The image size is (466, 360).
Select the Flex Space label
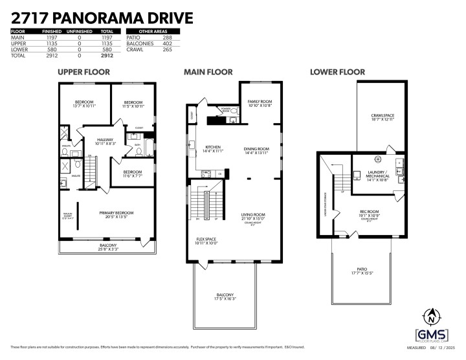click(206, 240)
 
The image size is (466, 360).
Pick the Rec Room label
click(368, 211)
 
